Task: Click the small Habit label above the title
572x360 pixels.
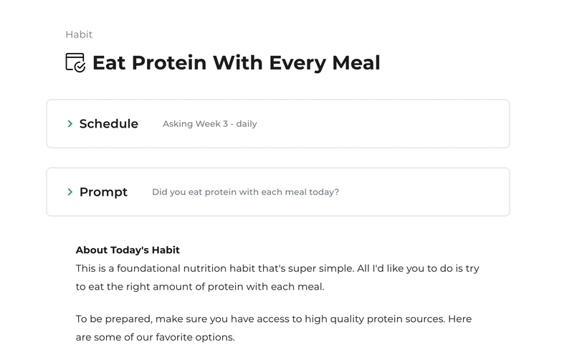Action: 79,34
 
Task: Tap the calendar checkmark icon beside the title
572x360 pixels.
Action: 75,62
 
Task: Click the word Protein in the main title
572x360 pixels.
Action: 169,62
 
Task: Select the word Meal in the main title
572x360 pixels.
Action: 356,62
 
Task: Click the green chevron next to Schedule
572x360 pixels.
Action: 70,124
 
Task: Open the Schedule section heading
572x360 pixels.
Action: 109,124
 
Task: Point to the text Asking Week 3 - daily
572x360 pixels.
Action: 210,124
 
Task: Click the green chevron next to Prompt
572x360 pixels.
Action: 70,191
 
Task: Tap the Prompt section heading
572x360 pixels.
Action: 103,192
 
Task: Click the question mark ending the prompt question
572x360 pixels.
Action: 337,191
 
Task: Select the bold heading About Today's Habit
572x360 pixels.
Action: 128,250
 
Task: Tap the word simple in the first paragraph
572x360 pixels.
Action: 336,269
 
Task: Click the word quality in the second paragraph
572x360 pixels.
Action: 347,319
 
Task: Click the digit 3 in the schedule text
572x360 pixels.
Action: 226,124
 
